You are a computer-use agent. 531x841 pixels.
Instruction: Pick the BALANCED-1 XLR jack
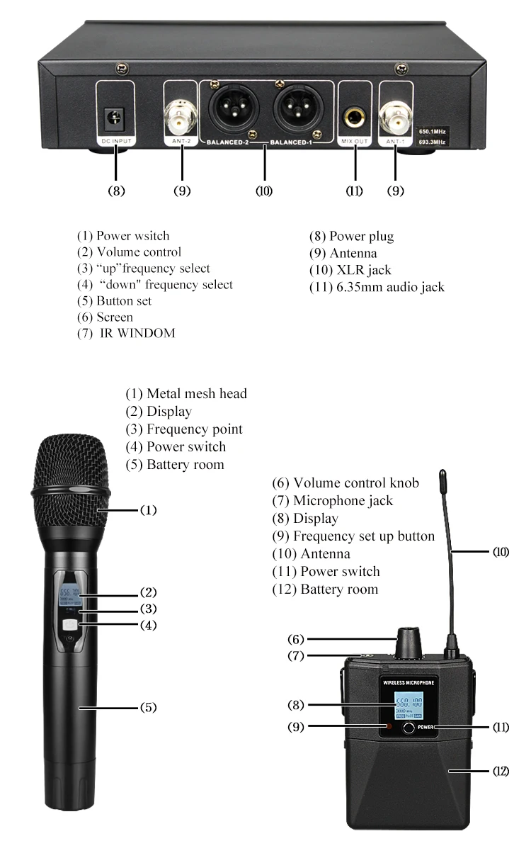pyautogui.click(x=297, y=111)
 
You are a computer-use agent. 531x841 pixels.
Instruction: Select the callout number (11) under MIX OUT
pyautogui.click(x=354, y=191)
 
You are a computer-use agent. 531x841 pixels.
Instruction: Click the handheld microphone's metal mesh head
pyautogui.click(x=71, y=482)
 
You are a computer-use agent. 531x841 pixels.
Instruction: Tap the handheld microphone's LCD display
pyautogui.click(x=69, y=595)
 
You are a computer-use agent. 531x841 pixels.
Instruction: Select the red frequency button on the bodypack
pyautogui.click(x=387, y=728)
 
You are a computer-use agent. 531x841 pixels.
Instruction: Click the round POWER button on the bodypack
pyautogui.click(x=409, y=728)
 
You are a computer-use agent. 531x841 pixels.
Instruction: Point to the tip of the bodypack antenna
pyautogui.click(x=442, y=473)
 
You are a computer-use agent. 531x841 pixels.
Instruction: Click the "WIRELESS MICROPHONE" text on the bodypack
pyautogui.click(x=408, y=683)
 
